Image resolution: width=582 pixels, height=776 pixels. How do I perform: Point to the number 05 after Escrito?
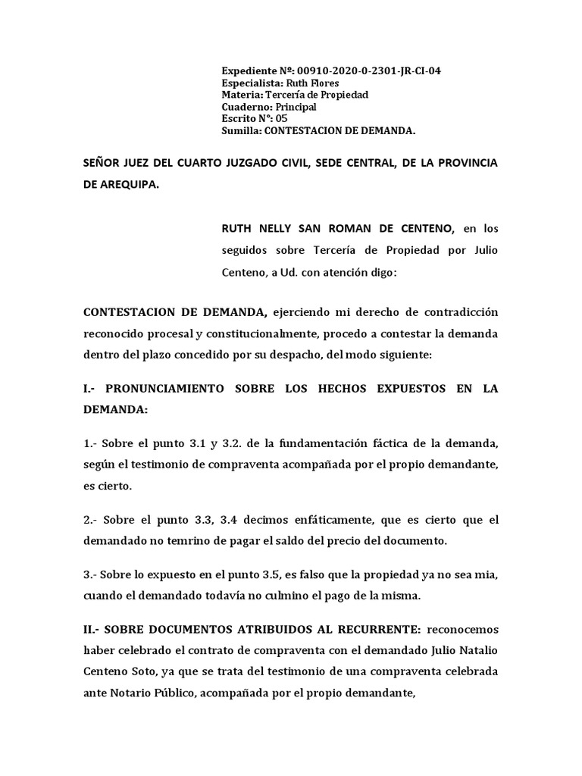[281, 118]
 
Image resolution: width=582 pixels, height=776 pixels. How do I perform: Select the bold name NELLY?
[277, 228]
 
